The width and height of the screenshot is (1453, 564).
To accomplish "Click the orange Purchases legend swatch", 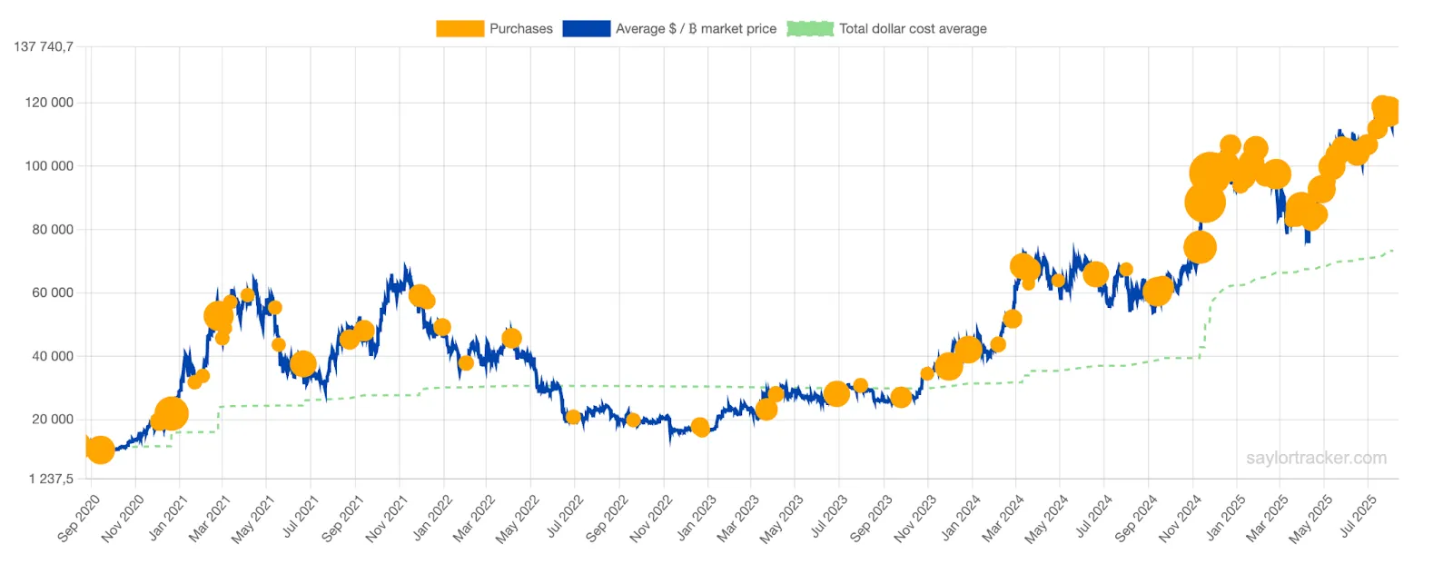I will tap(460, 29).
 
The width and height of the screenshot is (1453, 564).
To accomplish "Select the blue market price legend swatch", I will tap(586, 29).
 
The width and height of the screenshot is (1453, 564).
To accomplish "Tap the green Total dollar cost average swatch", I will tap(810, 29).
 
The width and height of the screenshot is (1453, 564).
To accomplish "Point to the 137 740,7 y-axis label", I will tap(44, 46).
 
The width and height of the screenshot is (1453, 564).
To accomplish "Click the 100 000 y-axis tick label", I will tap(49, 166).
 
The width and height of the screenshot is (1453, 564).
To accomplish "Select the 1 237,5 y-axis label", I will tap(51, 479).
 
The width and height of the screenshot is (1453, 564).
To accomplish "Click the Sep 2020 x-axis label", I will tap(79, 519).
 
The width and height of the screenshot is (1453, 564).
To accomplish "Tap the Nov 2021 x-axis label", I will tap(387, 519).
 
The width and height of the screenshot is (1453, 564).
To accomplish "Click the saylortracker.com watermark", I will tap(1316, 458).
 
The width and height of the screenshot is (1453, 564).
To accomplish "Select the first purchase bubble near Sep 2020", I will tap(100, 449).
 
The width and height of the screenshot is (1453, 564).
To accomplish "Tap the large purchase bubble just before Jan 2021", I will tap(171, 414).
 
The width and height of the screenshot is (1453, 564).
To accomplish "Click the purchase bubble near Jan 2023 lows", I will tap(700, 427).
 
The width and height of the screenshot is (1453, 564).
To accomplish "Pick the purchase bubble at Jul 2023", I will tap(836, 394).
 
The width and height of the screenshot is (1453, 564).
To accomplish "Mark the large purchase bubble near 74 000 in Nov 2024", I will tap(1200, 247).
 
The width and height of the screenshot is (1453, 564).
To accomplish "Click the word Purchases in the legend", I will tap(520, 29).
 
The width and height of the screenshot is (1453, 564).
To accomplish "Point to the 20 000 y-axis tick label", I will tap(53, 420).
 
